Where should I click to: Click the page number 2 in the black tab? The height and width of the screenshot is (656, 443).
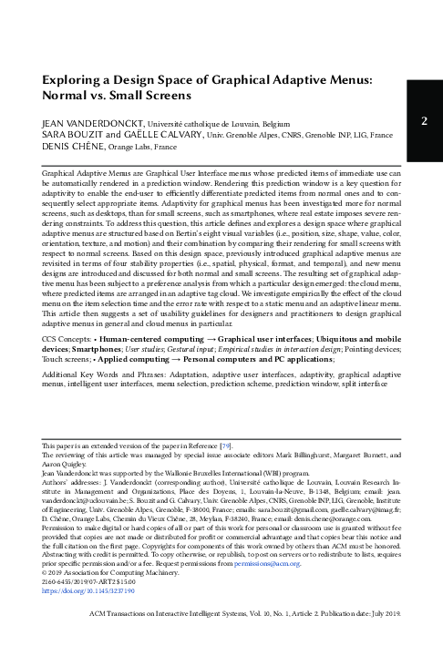(x=424, y=121)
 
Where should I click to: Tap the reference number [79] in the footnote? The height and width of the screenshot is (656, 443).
(x=227, y=442)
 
